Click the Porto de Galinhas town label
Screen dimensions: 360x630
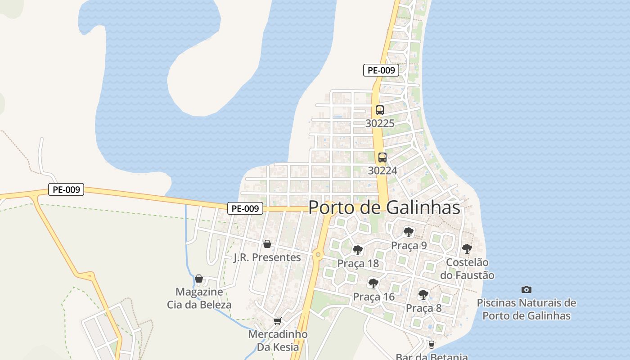[384, 207]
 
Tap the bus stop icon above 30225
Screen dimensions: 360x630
[380, 110]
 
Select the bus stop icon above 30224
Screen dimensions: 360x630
[382, 157]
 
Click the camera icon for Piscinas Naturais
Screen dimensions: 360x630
[526, 289]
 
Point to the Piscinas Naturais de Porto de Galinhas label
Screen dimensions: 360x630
[526, 309]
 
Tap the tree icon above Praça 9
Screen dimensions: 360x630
[409, 232]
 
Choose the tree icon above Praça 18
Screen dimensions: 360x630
[358, 250]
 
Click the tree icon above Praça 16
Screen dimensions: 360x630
[373, 283]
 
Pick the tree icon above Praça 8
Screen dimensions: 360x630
[423, 295]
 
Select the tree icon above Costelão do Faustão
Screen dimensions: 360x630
[467, 248]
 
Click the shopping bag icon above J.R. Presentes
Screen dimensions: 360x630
[267, 244]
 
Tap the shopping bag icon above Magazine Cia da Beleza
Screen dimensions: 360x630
[199, 279]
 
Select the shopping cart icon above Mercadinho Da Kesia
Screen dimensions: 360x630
[277, 321]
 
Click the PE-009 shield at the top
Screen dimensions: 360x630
[381, 70]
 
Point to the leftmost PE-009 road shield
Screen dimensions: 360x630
[66, 189]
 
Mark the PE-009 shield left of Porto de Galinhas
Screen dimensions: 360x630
[245, 208]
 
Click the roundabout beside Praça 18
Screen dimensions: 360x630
[318, 255]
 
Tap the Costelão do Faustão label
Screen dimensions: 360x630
[470, 269]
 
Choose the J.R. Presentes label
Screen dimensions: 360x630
[267, 257]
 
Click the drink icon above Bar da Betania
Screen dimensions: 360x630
[431, 345]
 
